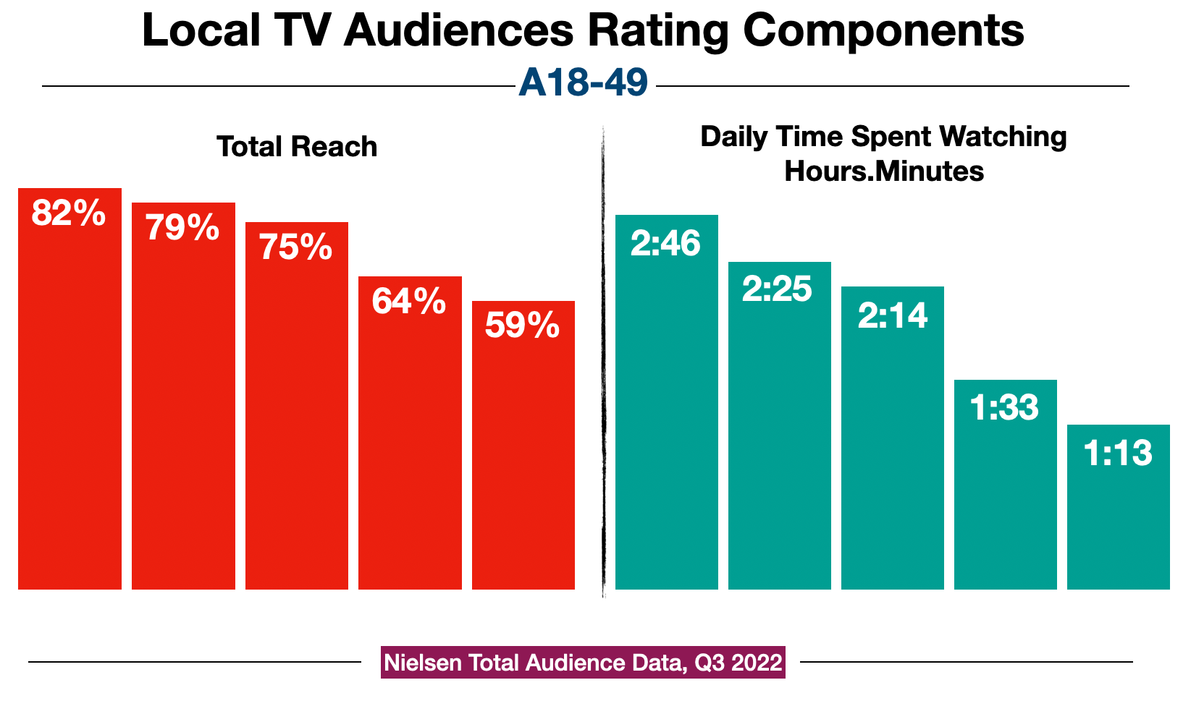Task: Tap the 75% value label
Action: coord(296,247)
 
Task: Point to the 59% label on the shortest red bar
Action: coord(523,325)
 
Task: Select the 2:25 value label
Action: coord(778,289)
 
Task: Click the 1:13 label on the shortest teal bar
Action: coord(1118,454)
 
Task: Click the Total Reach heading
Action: coord(297,147)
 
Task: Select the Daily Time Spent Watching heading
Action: coord(883,137)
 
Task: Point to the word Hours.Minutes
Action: coord(883,171)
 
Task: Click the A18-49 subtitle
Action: coord(584,82)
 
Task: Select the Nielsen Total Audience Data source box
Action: coord(583,663)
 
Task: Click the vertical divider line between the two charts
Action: coord(603,362)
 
